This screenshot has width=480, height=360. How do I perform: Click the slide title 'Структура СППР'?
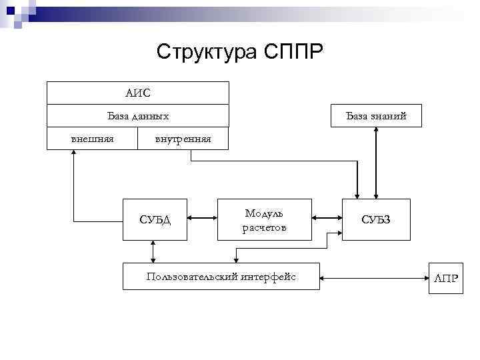click(239, 51)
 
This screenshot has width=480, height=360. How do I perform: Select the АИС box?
click(137, 93)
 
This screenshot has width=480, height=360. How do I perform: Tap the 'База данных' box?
click(137, 116)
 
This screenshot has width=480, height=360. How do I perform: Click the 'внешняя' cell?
click(92, 138)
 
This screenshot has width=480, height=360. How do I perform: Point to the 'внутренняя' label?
click(183, 139)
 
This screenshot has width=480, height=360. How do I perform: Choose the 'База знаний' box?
click(376, 116)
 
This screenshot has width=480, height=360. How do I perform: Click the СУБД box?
click(155, 219)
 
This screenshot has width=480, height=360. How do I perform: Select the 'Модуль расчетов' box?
click(265, 219)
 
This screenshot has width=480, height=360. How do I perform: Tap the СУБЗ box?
click(376, 219)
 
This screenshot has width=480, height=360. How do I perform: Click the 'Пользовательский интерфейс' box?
click(221, 275)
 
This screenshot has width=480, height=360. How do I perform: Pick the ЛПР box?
click(446, 277)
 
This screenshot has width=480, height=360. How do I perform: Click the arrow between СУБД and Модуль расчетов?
click(202, 217)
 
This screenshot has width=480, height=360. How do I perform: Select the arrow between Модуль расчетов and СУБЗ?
click(327, 217)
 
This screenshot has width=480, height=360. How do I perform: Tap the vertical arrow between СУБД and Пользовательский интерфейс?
click(154, 251)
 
